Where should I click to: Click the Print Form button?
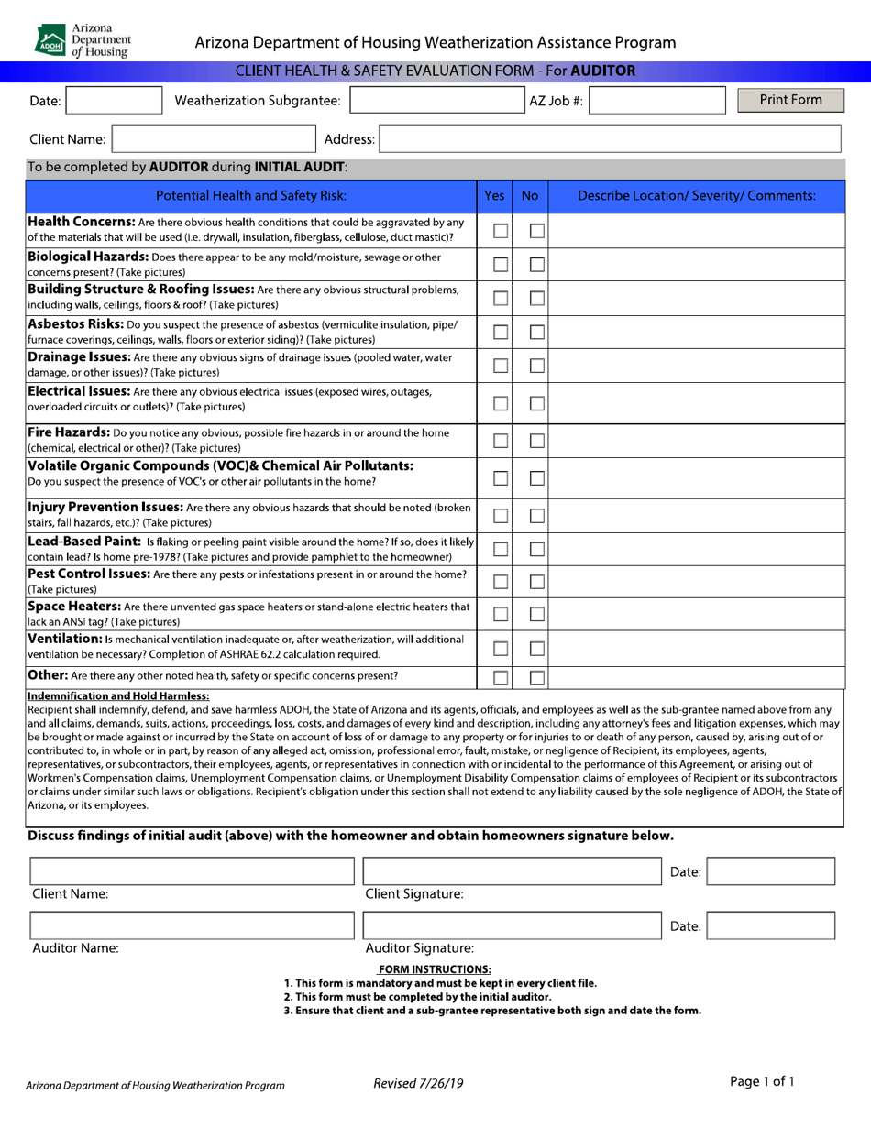(x=791, y=100)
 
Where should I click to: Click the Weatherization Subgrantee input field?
(x=437, y=101)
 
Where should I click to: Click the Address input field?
(x=610, y=139)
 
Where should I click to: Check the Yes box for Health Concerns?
(x=501, y=231)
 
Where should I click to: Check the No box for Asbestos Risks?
(x=536, y=332)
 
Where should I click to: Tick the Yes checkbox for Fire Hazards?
(x=501, y=441)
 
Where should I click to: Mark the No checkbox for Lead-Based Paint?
(x=536, y=549)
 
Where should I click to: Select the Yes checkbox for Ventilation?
(x=501, y=649)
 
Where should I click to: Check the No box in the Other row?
(x=536, y=678)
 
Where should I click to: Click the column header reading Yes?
(x=493, y=196)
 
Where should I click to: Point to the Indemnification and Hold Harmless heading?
(x=118, y=696)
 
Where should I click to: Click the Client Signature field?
(x=512, y=870)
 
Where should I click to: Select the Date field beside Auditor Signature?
(x=771, y=926)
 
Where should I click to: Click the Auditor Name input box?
(x=191, y=926)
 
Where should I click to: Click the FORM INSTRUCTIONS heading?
(x=435, y=969)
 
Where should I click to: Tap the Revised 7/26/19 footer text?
(x=418, y=1083)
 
